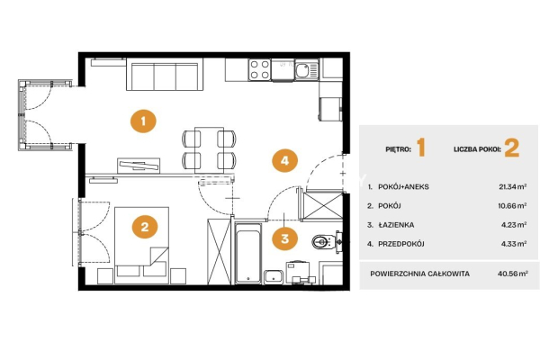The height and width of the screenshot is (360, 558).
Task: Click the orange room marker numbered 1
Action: (x=143, y=121)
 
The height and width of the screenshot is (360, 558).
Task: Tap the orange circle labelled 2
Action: (x=145, y=227)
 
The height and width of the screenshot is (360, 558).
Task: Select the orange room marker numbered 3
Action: (x=284, y=238)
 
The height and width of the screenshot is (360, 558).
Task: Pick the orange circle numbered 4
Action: (x=284, y=161)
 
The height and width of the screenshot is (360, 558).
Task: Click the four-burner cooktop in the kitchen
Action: (x=260, y=69)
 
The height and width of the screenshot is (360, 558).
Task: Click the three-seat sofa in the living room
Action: (x=165, y=75)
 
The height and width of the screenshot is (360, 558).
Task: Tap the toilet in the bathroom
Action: (x=325, y=242)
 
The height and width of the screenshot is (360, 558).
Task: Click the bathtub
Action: (x=248, y=253)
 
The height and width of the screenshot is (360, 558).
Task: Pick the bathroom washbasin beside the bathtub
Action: (x=274, y=277)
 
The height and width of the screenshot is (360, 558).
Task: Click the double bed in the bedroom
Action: (x=141, y=245)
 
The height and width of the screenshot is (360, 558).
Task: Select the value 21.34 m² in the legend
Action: (x=513, y=187)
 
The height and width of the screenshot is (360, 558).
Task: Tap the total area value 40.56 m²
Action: (x=513, y=274)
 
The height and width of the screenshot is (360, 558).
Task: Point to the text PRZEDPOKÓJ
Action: (x=401, y=244)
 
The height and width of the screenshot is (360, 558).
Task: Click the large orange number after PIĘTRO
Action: (x=421, y=148)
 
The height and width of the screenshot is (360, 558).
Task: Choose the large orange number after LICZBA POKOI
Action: (x=512, y=148)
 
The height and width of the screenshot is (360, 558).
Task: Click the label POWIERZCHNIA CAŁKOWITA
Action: (x=420, y=274)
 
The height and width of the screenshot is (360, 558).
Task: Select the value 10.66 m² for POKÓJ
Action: (x=513, y=205)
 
